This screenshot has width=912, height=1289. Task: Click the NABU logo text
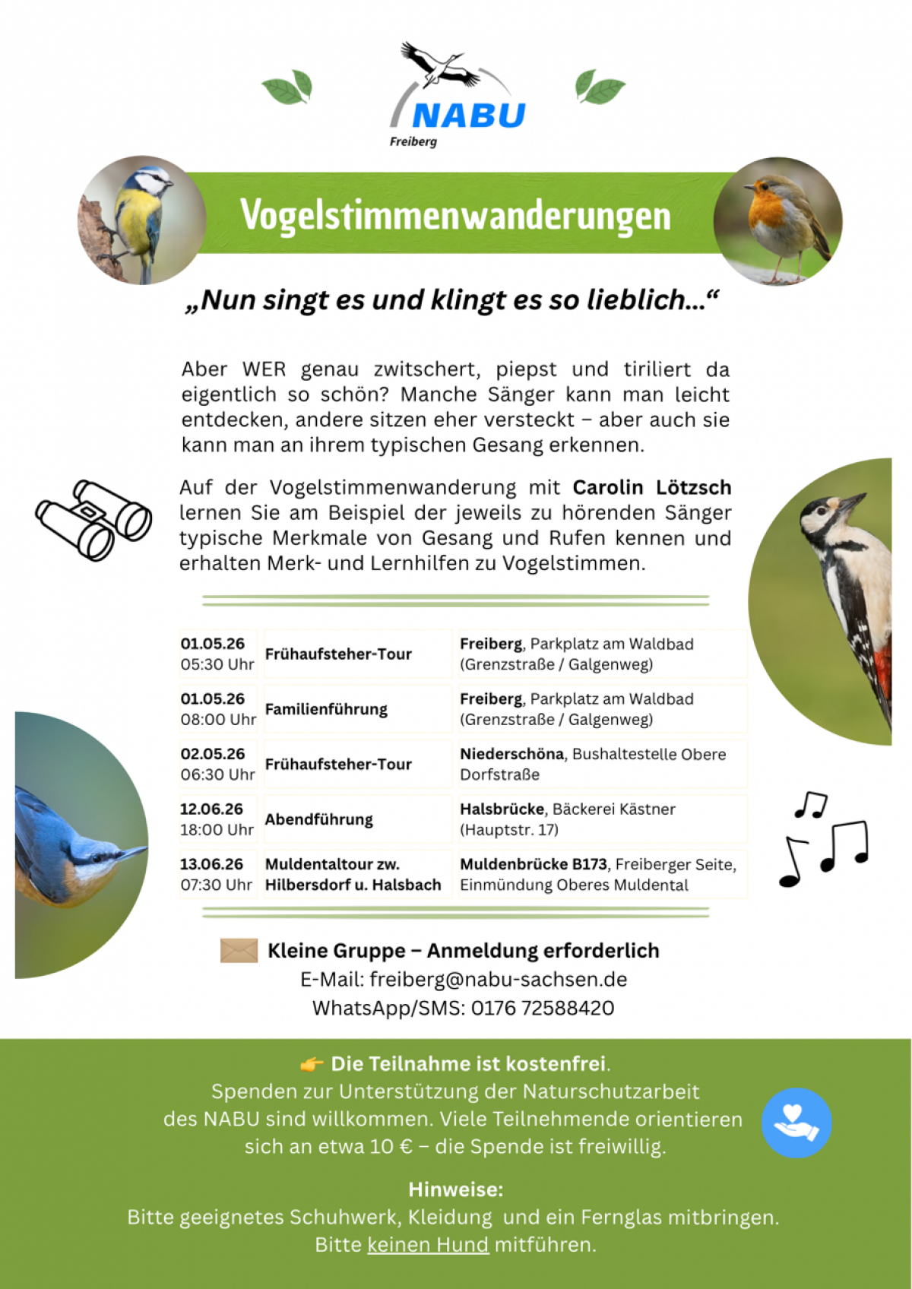point(468,116)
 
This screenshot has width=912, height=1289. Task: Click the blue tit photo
point(142,220)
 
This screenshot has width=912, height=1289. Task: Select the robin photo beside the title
point(777,221)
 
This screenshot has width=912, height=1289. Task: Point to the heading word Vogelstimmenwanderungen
point(455,215)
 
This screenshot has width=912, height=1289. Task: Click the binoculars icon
point(93,520)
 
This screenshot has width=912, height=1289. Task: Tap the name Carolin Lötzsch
point(651,487)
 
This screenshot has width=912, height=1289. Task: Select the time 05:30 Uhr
point(217,664)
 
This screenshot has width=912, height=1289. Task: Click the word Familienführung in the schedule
point(326,709)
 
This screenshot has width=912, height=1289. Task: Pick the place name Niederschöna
point(511,754)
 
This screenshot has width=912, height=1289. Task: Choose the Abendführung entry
point(319,819)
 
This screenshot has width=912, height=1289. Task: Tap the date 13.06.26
point(211,864)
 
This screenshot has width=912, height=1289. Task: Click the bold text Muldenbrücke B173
point(534,864)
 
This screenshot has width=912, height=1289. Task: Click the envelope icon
point(239,950)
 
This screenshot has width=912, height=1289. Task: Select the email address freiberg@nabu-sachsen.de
point(498,980)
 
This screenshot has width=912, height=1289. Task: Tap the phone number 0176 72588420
point(542,1009)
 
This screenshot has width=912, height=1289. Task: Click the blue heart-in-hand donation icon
point(796,1123)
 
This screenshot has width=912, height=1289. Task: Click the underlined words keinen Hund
point(428,1245)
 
